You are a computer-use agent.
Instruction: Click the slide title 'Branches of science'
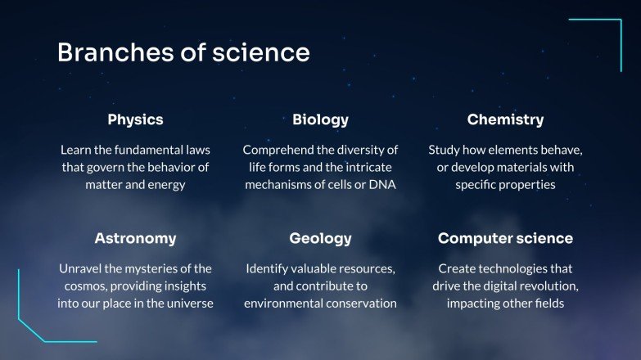point(183,53)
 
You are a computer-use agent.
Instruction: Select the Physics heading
point(135,119)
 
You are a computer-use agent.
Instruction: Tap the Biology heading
point(320,119)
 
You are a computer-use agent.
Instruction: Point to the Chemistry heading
point(505,119)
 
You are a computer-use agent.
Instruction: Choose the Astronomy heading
point(135,239)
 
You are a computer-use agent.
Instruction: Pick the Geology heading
point(320,239)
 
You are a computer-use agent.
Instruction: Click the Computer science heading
point(505,239)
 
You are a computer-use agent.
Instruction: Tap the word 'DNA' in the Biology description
point(381,185)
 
